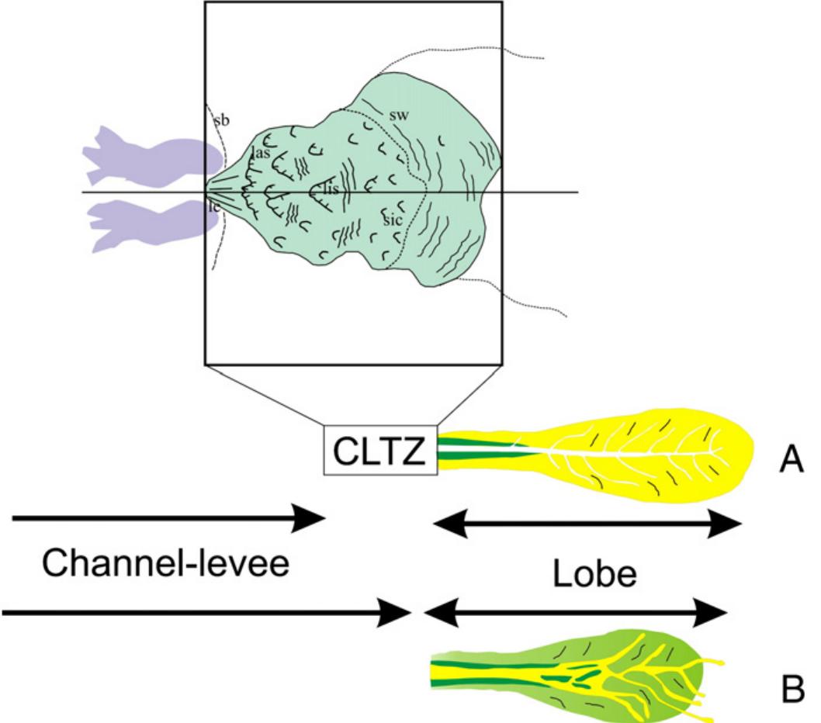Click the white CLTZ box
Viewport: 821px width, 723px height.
tap(380, 450)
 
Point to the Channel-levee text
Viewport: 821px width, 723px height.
tap(165, 563)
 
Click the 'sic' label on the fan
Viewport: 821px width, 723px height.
tap(392, 220)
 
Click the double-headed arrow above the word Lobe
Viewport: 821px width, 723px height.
tap(587, 525)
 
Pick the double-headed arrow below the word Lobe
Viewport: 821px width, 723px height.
tap(575, 614)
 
